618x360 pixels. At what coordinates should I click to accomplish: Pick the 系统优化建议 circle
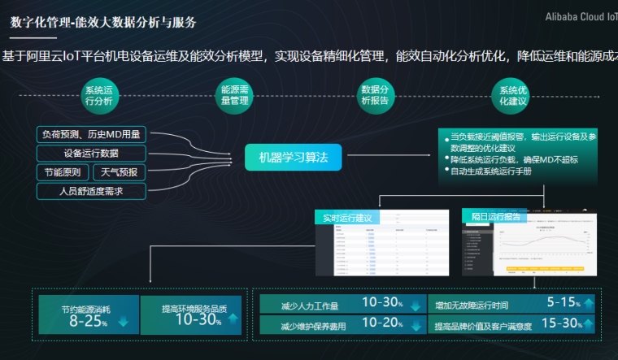(x=513, y=96)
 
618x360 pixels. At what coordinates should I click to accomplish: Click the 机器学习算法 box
(x=294, y=157)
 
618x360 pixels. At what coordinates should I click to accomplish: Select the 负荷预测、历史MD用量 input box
(x=91, y=134)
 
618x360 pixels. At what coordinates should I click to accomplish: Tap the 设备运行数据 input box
(x=91, y=153)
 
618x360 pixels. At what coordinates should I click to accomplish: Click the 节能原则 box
(x=62, y=172)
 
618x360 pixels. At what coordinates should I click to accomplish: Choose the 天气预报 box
(x=120, y=172)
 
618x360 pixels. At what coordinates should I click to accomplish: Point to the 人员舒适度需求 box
(x=91, y=192)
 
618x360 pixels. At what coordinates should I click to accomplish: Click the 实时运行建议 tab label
(x=347, y=217)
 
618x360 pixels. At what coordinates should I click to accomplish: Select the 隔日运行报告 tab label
(x=496, y=217)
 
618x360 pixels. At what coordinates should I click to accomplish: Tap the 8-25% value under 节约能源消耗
(x=88, y=321)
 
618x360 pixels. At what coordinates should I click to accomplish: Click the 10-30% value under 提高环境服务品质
(x=198, y=320)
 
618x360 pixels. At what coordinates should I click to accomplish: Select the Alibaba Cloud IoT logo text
(x=580, y=17)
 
